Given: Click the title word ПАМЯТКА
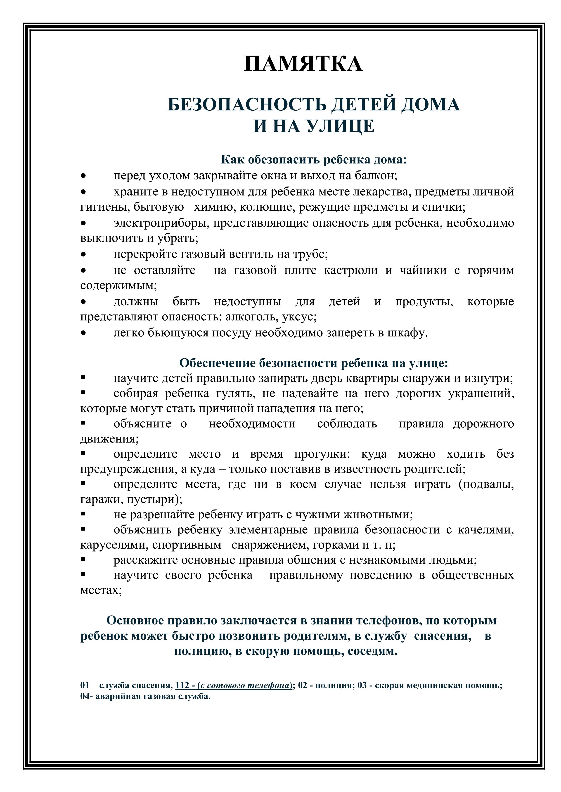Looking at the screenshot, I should pyautogui.click(x=303, y=64).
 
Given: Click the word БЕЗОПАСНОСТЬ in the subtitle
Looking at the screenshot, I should pyautogui.click(x=247, y=105).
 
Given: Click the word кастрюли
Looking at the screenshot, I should pyautogui.click(x=351, y=270).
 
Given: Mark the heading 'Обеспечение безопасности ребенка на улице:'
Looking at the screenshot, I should pyautogui.click(x=314, y=363).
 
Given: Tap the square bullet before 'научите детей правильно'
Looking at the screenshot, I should pyautogui.click(x=83, y=378).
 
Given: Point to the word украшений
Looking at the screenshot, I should pyautogui.click(x=481, y=394).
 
